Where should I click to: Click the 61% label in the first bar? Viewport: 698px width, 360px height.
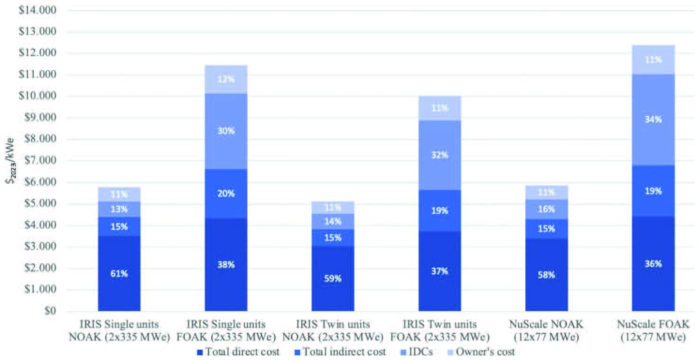119,274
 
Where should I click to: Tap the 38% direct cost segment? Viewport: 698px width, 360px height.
226,264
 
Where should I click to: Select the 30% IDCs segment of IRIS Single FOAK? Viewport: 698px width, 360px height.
226,131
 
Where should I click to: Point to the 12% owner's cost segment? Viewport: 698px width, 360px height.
226,79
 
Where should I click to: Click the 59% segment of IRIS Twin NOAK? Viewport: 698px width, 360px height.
333,278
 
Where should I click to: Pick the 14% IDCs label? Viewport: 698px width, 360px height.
333,221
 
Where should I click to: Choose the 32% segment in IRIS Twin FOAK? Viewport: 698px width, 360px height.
440,155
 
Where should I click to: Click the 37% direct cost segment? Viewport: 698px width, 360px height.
440,271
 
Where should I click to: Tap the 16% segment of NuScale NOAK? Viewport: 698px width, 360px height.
546,209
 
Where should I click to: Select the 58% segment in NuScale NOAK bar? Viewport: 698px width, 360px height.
546,275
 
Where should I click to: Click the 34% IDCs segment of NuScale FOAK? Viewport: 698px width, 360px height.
653,120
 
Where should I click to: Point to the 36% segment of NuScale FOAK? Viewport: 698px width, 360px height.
653,263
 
